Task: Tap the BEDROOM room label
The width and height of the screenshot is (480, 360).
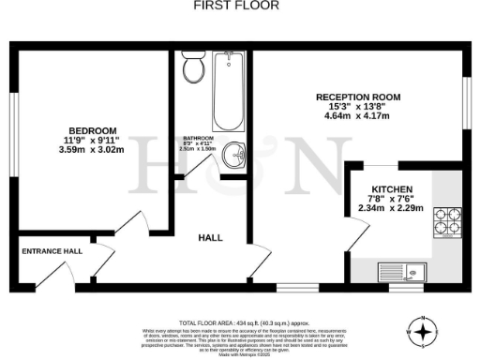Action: click(x=92, y=129)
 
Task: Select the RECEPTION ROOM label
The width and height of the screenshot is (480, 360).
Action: click(x=358, y=97)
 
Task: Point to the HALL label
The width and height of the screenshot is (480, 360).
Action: click(x=210, y=238)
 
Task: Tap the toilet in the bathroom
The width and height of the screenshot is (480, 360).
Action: click(x=194, y=67)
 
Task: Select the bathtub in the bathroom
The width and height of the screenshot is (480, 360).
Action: click(x=229, y=94)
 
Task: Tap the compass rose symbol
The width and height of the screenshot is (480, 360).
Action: click(x=424, y=331)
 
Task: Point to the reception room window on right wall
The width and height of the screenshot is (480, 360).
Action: click(x=466, y=98)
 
